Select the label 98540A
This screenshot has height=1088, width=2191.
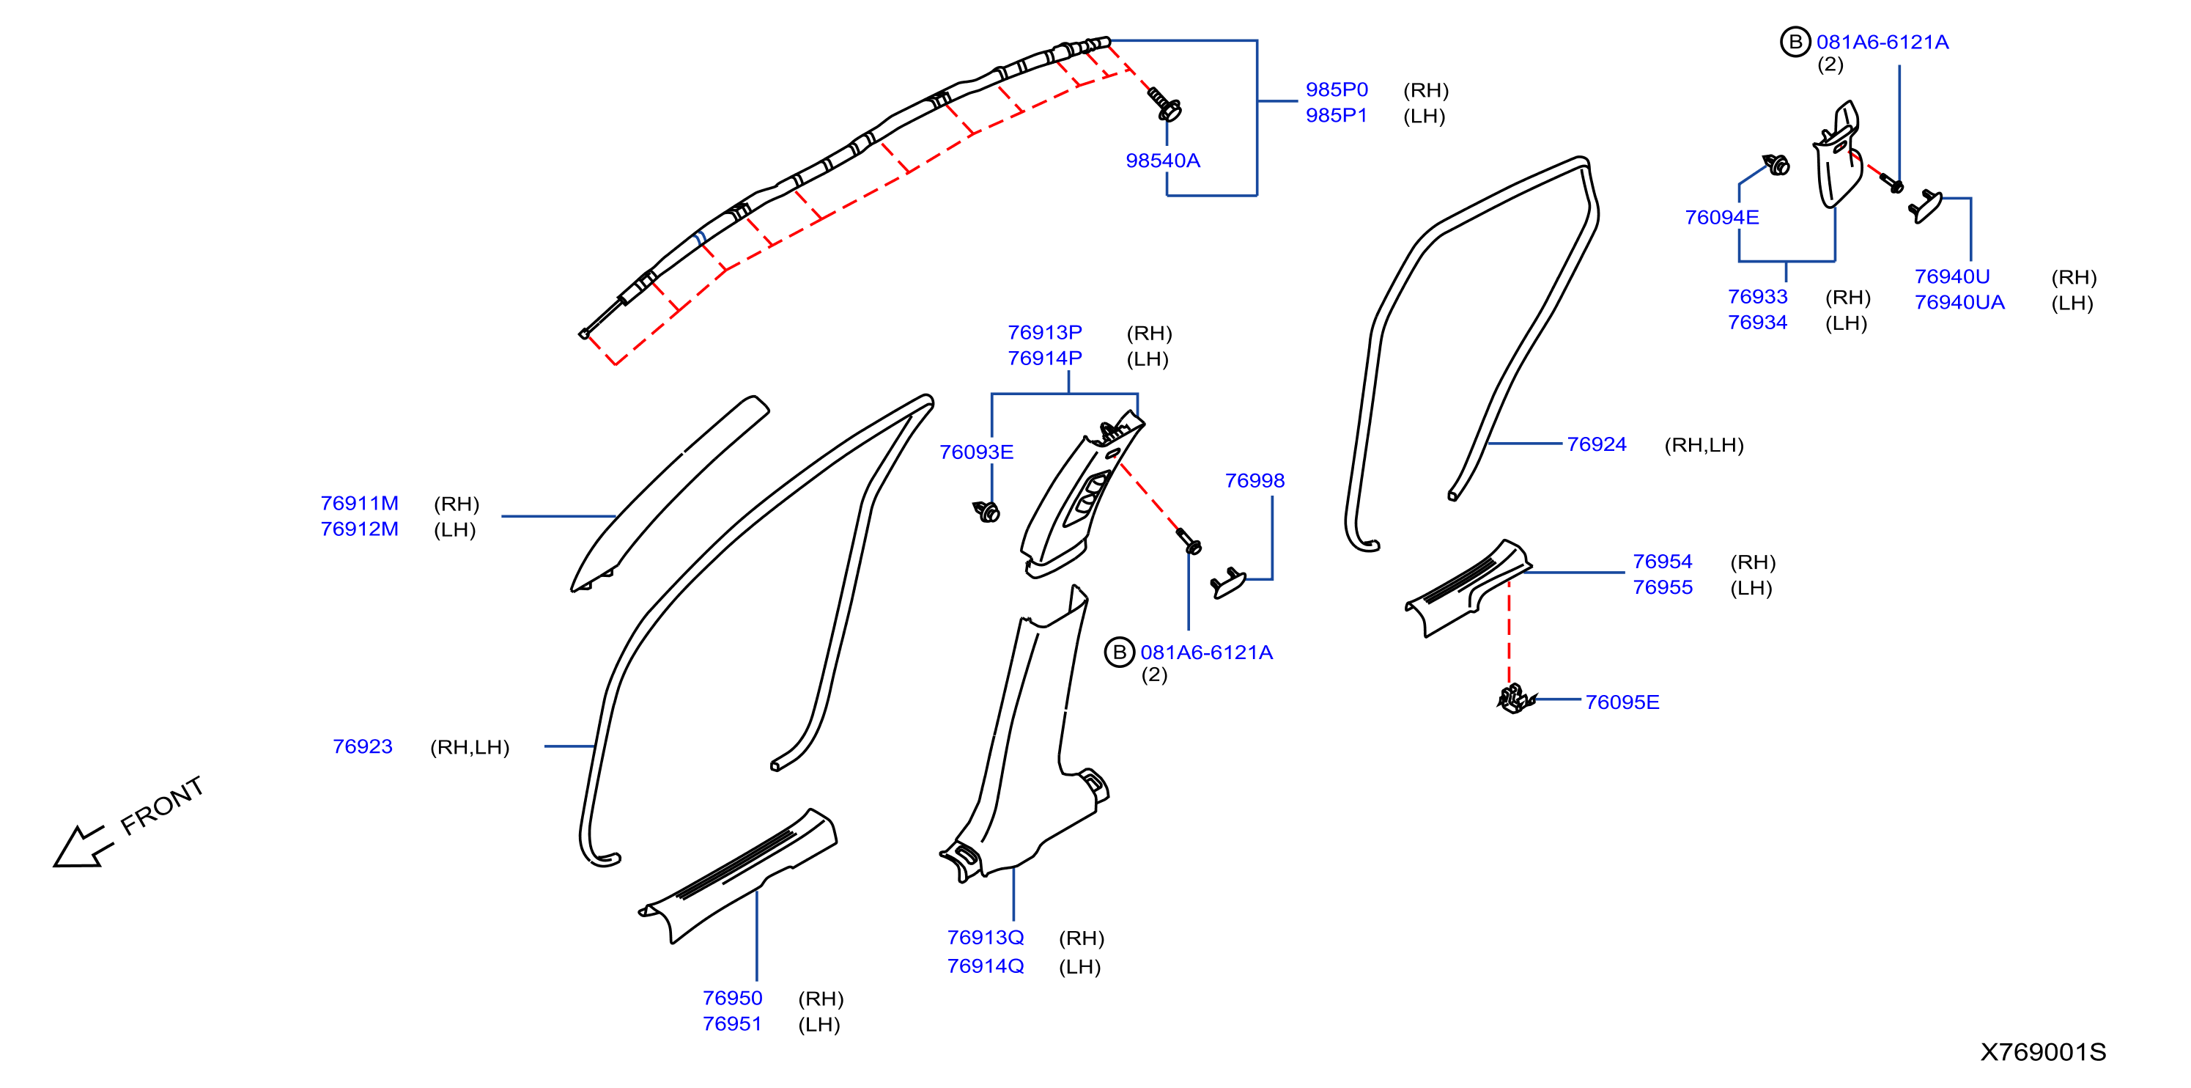[x=1162, y=160]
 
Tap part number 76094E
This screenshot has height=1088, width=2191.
[x=1721, y=217]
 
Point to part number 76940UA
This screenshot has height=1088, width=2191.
[x=1959, y=302]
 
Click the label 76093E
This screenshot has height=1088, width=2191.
[x=975, y=452]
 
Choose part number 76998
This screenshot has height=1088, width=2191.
[x=1254, y=481]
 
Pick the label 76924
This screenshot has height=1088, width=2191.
[x=1596, y=444]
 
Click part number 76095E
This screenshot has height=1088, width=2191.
[x=1621, y=702]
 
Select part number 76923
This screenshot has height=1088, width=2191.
[x=362, y=746]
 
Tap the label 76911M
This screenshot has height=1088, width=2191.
[x=359, y=503]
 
